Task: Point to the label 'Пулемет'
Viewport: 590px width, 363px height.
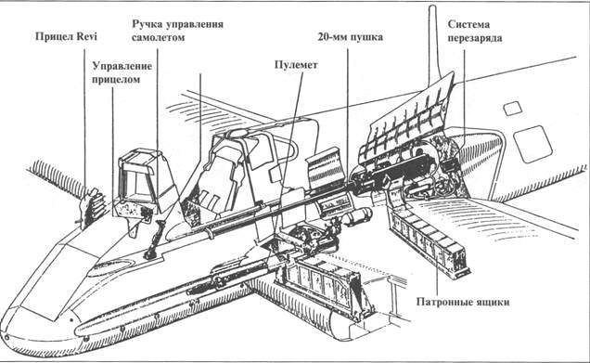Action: click(297, 66)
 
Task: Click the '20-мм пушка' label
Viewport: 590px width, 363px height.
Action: click(350, 38)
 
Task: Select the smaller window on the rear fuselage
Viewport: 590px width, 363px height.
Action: click(511, 109)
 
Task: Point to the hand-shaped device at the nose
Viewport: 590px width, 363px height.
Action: click(91, 207)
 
